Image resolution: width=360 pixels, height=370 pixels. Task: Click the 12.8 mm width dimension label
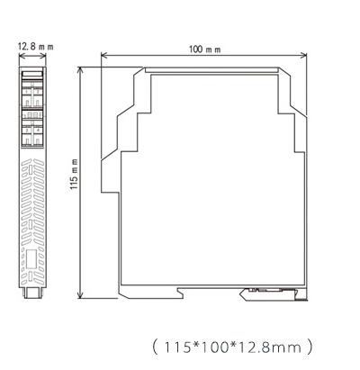click(x=32, y=45)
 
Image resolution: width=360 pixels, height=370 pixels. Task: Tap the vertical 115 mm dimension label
click(x=73, y=179)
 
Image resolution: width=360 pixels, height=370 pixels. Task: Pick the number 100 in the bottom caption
click(x=212, y=345)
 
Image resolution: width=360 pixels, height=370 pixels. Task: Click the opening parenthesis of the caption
click(x=155, y=345)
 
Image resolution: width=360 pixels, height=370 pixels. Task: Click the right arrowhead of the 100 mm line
click(x=306, y=55)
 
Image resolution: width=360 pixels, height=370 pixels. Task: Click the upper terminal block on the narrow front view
click(x=32, y=92)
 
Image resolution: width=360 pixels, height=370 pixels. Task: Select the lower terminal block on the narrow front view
click(x=32, y=131)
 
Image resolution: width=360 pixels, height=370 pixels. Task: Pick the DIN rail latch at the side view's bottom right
click(x=270, y=291)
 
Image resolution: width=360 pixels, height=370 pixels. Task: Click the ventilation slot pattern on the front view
click(x=32, y=203)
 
